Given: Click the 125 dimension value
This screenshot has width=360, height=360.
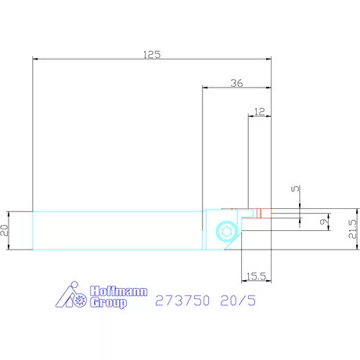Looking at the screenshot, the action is [152, 55].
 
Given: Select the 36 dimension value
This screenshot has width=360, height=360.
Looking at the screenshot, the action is [236, 83].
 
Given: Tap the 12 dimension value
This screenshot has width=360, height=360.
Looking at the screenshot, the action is [259, 112].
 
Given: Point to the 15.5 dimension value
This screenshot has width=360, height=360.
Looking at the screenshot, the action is [256, 276].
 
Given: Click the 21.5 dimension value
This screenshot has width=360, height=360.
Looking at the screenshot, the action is [353, 229].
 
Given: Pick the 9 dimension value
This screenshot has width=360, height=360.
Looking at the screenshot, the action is [324, 221].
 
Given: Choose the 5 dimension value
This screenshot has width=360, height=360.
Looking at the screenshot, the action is [296, 189].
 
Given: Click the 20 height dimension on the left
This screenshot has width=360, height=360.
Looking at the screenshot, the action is [5, 230].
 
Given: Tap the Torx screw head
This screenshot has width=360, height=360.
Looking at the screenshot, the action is [226, 231].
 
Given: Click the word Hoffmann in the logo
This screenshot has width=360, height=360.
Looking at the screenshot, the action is [119, 291].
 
